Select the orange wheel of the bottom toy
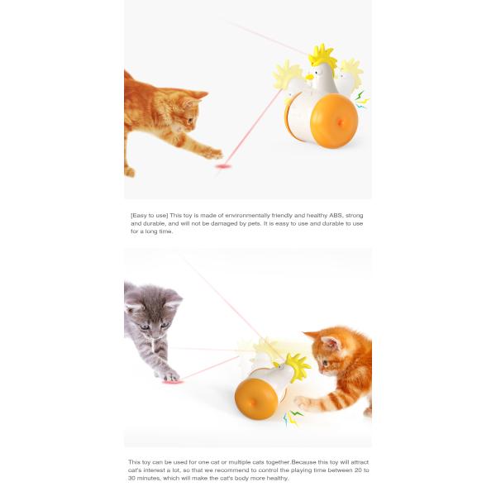pyautogui.click(x=256, y=398)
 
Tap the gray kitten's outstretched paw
pyautogui.click(x=168, y=374)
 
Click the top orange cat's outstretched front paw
pyautogui.click(x=213, y=153)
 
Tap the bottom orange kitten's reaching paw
pyautogui.click(x=303, y=402)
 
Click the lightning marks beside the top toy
pyautogui.click(x=360, y=98)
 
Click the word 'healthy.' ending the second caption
pyautogui.click(x=275, y=478)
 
